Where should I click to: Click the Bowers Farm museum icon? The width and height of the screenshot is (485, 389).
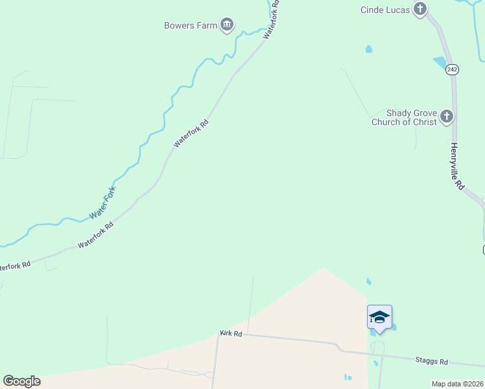point(227,25)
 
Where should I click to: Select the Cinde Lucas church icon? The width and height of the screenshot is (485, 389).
point(421,9)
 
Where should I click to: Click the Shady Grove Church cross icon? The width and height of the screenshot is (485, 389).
point(446,117)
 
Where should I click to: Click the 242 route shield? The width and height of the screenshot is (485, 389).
point(453,69)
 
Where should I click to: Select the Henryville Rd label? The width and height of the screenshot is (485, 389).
point(457,166)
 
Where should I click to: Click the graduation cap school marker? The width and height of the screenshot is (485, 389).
point(379,317)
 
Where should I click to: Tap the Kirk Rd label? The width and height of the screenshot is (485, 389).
point(231,333)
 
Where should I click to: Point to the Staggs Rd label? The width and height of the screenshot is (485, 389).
point(431,361)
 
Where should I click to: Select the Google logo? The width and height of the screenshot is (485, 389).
point(21,381)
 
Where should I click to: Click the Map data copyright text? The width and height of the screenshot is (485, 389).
point(457,384)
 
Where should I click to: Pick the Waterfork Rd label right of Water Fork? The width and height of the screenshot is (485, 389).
point(95,235)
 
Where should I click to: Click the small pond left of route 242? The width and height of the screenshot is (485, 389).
point(440,63)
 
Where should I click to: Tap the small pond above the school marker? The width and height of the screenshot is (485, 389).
point(368,282)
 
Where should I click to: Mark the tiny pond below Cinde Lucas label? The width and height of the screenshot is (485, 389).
point(368,49)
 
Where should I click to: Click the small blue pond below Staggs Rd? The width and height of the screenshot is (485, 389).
point(348,377)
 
